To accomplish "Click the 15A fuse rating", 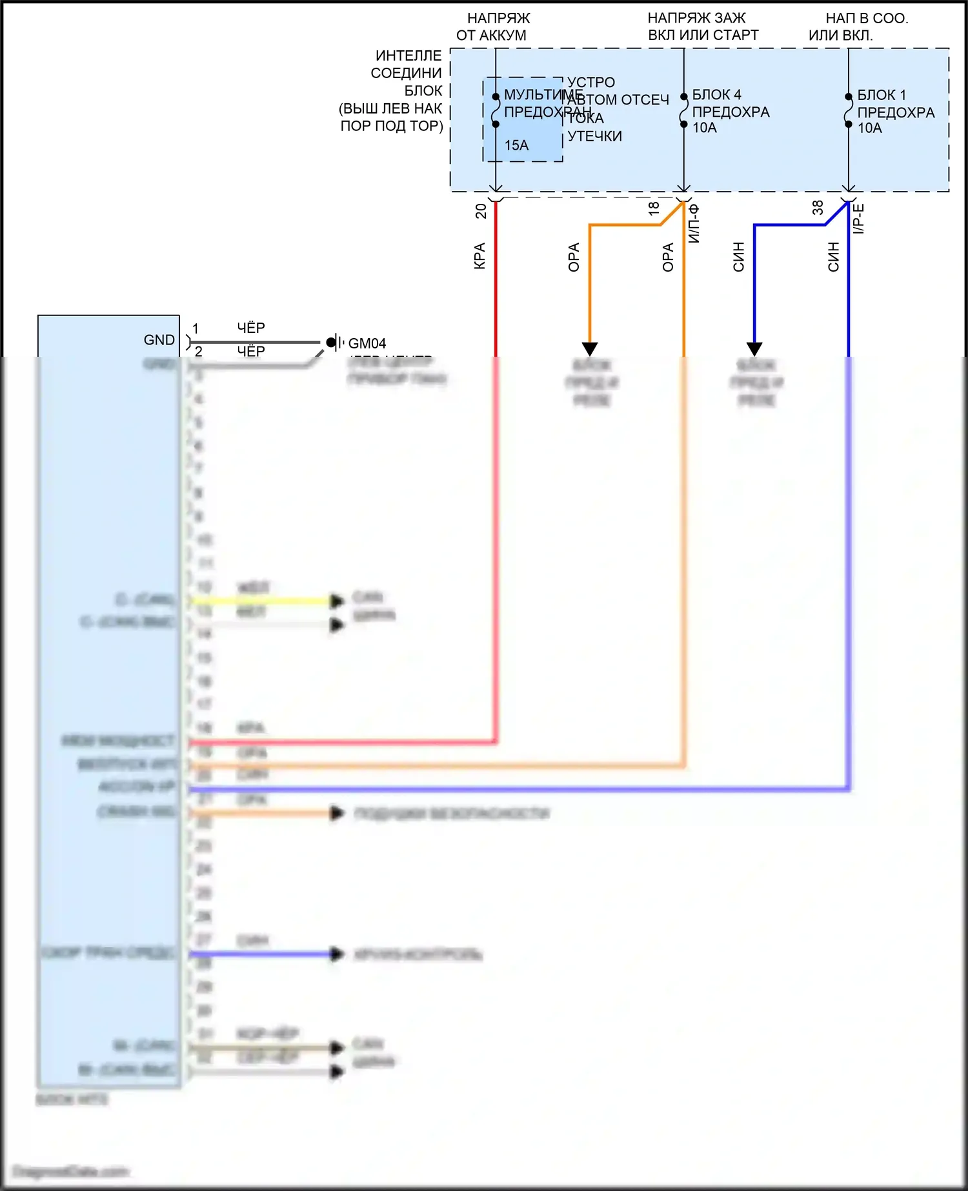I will [516, 145].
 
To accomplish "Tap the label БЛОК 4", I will [716, 95].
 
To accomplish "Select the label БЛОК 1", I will [882, 95].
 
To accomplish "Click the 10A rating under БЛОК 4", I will [705, 128].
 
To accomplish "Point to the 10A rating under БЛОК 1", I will [869, 128].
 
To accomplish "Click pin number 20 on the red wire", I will [481, 211].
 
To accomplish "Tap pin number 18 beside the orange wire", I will [654, 208].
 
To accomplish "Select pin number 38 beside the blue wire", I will [818, 208].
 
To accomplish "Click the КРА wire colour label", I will [479, 256].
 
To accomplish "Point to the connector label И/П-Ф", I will [694, 223].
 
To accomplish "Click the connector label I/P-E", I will [858, 219].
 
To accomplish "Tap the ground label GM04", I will [367, 343].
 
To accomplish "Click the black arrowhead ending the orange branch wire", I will [590, 349].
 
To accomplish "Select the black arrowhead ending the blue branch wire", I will [754, 349].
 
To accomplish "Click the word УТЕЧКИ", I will [594, 136].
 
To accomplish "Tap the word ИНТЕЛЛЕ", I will [408, 55].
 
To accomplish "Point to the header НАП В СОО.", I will [867, 18].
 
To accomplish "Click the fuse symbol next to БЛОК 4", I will [683, 110].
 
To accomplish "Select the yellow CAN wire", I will [258, 601].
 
